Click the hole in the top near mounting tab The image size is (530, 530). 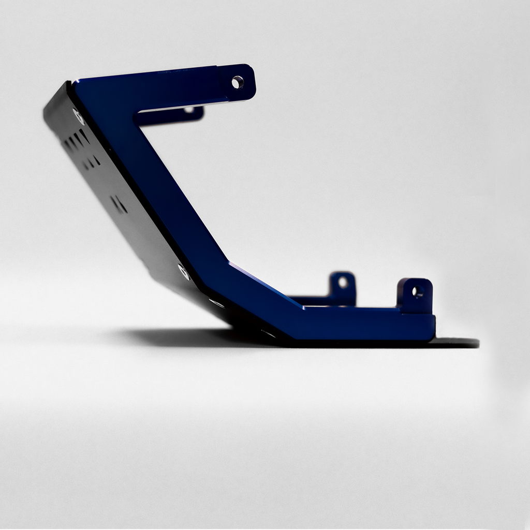pos(237,82)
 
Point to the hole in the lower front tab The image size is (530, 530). pos(417,291)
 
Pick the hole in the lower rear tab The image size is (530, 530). pos(343,283)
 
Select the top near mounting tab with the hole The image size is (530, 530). pos(238,83)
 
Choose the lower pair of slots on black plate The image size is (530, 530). pos(119,204)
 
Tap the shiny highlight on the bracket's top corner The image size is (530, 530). pos(75,83)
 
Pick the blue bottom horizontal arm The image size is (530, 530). pos(362,323)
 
